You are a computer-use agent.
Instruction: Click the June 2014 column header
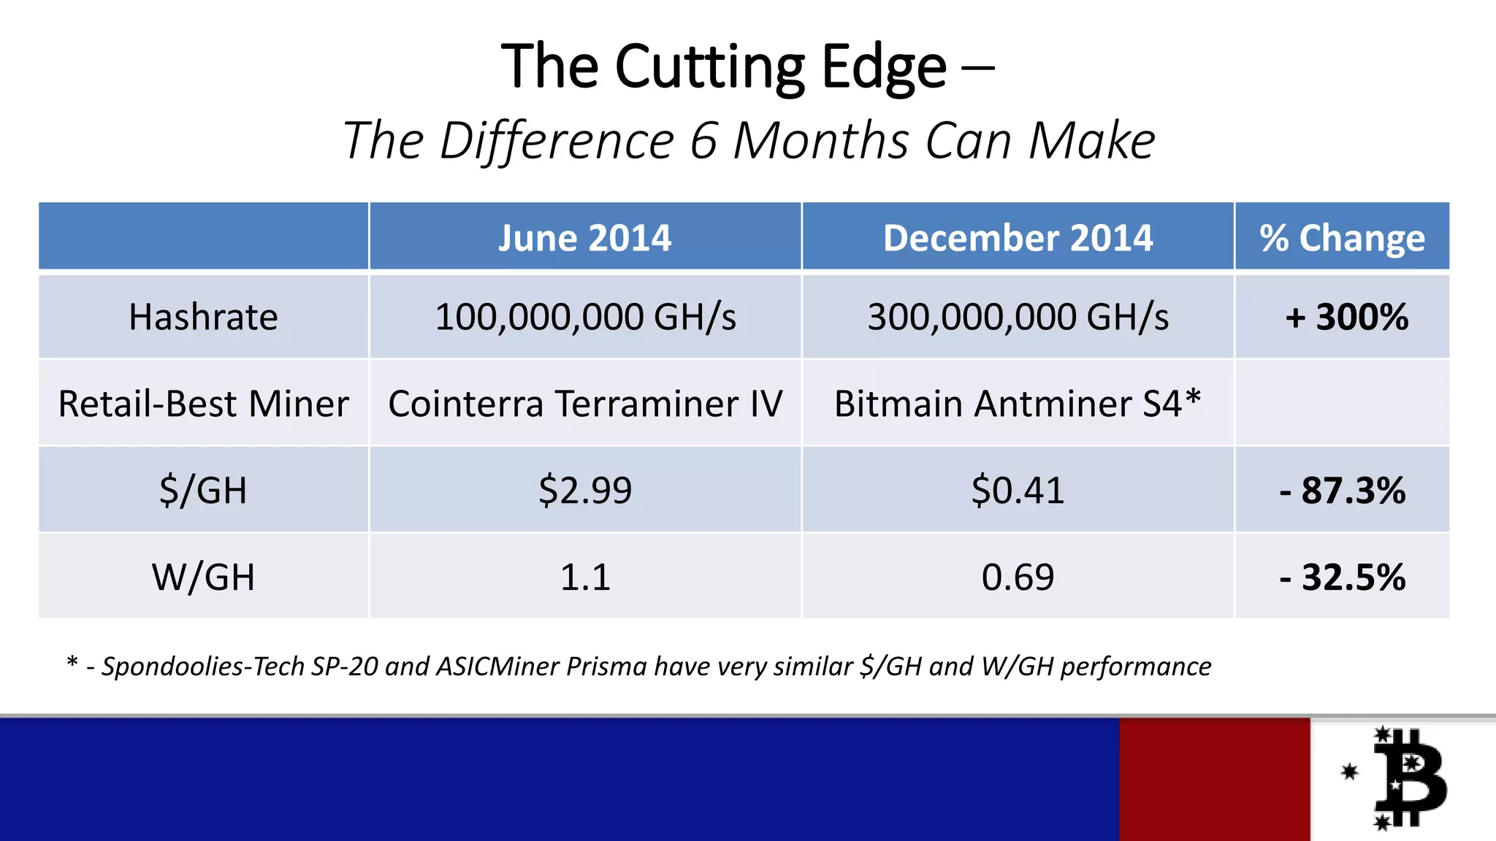584,238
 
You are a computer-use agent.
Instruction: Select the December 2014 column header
1018,238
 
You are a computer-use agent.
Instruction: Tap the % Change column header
1342,238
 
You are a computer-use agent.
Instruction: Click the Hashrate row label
203,318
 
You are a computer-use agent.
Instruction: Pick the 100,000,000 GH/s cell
585,318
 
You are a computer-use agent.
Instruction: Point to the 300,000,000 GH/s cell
1018,318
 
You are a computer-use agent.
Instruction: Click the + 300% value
1346,318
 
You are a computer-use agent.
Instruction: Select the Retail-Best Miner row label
203,404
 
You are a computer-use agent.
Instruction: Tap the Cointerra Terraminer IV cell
585,404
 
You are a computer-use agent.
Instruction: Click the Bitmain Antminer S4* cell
1017,404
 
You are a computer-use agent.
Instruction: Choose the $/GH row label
203,490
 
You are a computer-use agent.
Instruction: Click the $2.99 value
585,490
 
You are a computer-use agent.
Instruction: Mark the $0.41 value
1018,490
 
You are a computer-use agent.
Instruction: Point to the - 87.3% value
1342,490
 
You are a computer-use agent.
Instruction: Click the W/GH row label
203,577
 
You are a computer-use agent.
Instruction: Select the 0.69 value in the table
1018,577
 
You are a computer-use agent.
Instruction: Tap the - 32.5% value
1342,577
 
